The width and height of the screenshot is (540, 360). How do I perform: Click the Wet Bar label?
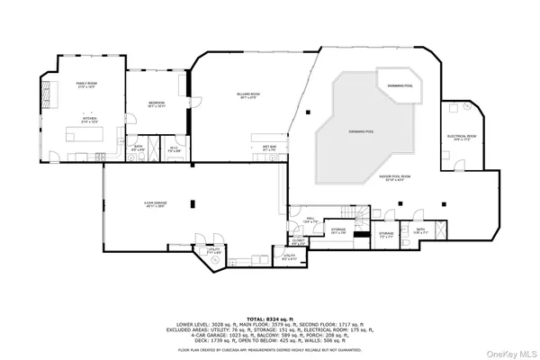click(268, 147)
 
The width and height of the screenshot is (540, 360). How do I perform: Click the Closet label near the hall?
click(298, 240)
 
